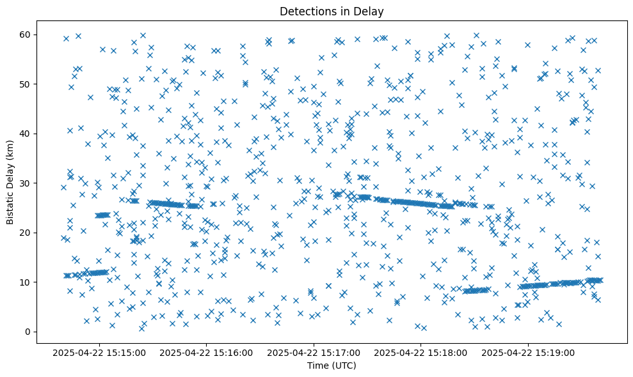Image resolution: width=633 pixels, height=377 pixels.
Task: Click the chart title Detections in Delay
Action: [332, 12]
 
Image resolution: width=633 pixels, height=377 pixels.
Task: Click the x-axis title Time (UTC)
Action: [332, 365]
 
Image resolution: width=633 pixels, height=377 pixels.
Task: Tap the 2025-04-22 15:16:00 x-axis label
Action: [207, 352]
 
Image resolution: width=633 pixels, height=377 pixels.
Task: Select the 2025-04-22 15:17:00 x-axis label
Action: [314, 352]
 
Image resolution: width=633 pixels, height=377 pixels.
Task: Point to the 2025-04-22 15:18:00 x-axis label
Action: [421, 352]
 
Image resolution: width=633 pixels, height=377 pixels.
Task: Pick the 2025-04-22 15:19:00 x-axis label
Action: [529, 352]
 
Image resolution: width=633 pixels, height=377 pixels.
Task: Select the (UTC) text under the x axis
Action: [344, 365]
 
